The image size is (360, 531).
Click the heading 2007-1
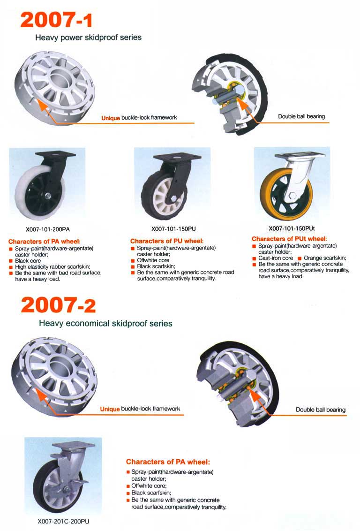click(x=56, y=20)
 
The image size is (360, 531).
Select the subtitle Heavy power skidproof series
click(x=88, y=38)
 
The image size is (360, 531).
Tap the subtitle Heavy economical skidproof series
click(x=105, y=323)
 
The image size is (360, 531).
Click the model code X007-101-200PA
click(x=48, y=229)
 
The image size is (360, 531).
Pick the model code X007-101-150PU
click(x=173, y=229)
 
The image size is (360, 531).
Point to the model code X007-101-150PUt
click(x=292, y=228)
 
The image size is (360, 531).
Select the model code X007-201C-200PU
click(x=63, y=522)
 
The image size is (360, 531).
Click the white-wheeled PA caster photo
click(x=47, y=184)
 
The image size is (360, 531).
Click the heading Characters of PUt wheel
click(x=289, y=239)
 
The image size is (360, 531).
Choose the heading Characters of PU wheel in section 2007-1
click(x=167, y=241)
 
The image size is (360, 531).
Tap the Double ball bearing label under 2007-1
click(x=301, y=116)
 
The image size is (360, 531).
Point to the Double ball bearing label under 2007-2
click(x=321, y=410)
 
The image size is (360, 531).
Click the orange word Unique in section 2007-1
click(x=111, y=118)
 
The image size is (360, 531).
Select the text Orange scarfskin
click(x=325, y=258)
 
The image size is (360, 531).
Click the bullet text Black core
click(x=28, y=261)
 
